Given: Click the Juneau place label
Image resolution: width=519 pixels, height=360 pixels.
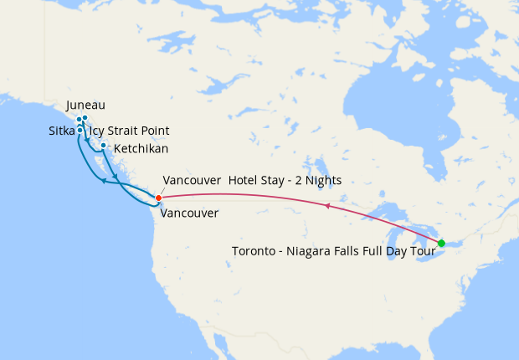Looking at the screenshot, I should tap(85, 105).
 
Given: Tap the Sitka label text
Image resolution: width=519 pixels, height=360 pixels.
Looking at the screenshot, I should tap(61, 131).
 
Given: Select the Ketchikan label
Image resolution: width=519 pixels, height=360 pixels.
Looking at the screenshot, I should tap(141, 148).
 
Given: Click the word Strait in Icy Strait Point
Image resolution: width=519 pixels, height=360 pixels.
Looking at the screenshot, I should tap(122, 131).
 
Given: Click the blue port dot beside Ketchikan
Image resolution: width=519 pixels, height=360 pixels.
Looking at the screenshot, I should tap(103, 147).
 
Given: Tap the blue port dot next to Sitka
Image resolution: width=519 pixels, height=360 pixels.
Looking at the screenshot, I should tap(80, 131).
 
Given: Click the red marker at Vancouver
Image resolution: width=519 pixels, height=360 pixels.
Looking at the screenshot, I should tap(157, 197).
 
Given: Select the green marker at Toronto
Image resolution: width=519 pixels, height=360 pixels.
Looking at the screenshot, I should tap(441, 243).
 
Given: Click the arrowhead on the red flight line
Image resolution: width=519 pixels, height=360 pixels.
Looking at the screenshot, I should tap(326, 205).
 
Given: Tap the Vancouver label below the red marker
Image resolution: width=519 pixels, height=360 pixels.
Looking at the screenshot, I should tap(188, 213).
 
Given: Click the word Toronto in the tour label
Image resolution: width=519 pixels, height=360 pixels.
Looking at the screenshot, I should tap(254, 250).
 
